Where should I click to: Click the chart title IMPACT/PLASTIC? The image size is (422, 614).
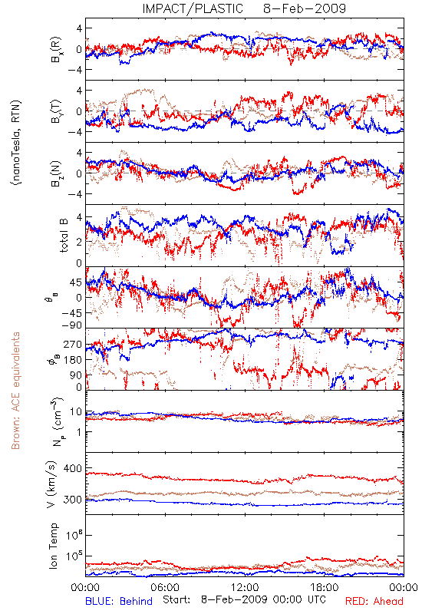coord(193,8)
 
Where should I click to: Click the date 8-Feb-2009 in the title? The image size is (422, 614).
coord(305,8)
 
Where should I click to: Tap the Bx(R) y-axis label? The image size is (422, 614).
coord(56,49)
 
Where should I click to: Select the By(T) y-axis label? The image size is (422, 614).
coord(56,111)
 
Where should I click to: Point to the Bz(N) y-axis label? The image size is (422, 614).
coord(56,173)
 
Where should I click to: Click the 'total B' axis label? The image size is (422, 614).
coord(64,236)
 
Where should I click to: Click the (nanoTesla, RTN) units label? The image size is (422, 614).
coord(16,142)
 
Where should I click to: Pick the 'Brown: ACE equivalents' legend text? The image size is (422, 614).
coord(15,391)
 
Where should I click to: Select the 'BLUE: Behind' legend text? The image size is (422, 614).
coord(119,601)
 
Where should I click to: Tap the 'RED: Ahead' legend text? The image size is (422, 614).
coord(374,601)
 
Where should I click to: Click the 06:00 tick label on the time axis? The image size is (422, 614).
coord(165,587)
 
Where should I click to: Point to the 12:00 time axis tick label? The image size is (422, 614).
coord(245,587)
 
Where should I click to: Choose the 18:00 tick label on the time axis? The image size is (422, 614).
coord(325,587)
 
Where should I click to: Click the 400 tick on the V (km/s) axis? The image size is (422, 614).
coord(73,468)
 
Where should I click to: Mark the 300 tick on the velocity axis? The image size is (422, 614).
coord(73,500)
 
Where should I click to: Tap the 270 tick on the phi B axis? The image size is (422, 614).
coord(73,344)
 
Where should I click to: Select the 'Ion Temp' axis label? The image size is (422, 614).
coord(53,546)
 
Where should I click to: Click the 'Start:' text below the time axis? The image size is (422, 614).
coord(176,599)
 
